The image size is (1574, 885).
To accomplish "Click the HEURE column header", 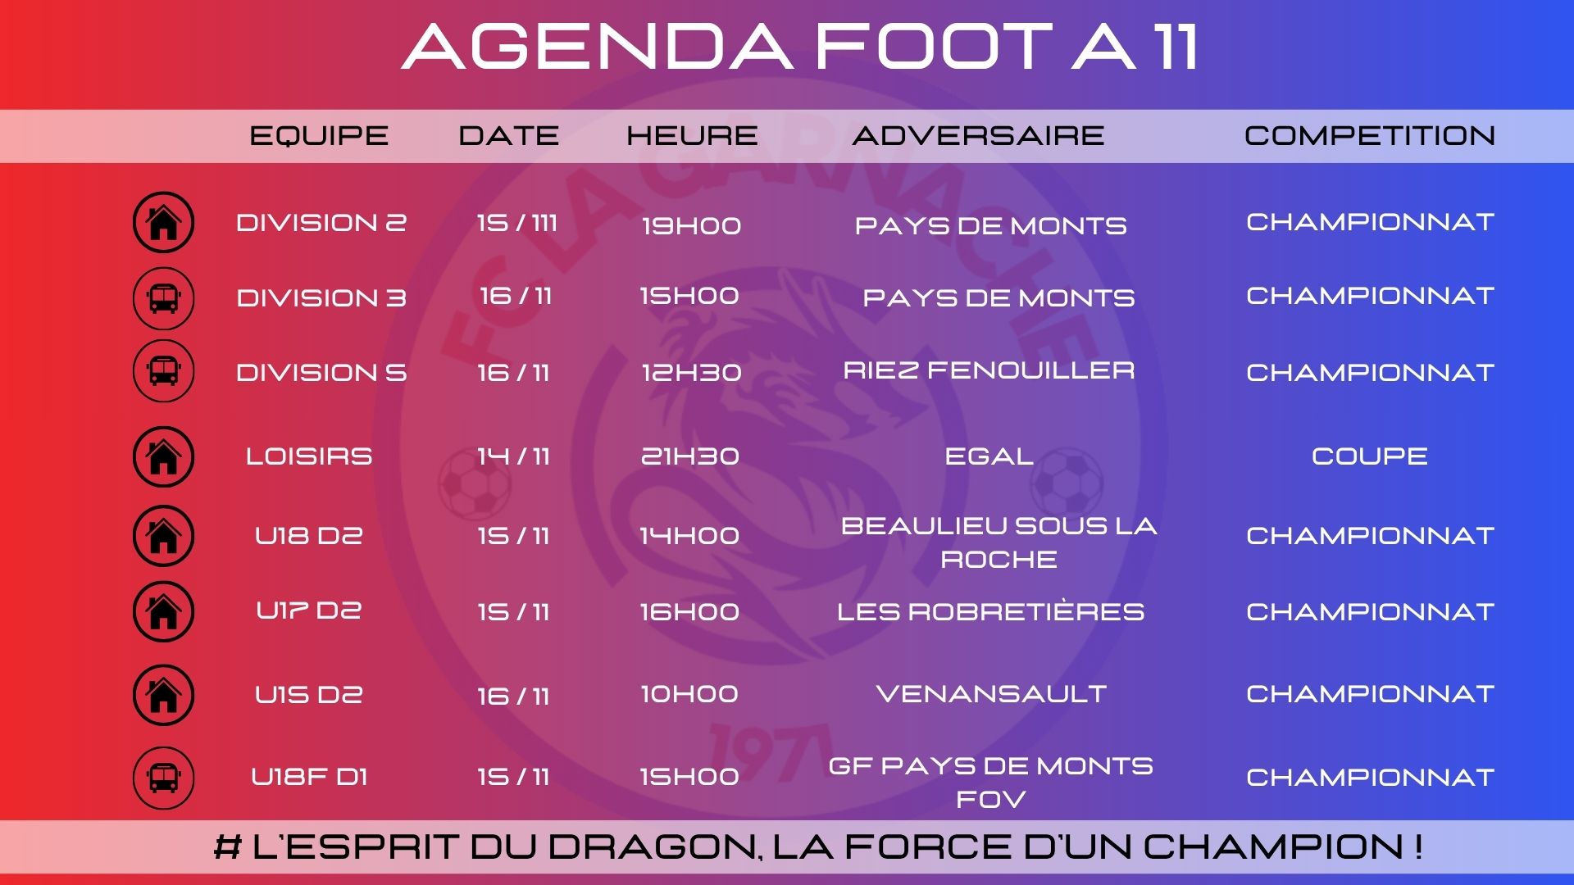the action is (x=692, y=135).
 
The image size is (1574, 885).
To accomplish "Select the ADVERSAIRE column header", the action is (x=978, y=135).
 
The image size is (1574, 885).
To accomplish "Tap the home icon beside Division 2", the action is (x=163, y=222).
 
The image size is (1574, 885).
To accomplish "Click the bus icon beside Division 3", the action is (x=163, y=298).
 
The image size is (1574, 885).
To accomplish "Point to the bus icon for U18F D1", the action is (x=163, y=778).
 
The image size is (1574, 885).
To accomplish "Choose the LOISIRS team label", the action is (x=309, y=456).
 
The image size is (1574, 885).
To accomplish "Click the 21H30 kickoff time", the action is (x=690, y=456).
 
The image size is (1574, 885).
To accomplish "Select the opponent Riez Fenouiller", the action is (x=989, y=370).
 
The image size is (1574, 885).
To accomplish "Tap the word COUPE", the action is (x=1370, y=456).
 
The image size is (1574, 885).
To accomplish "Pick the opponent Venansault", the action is (x=991, y=694).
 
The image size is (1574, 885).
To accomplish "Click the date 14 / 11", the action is (x=513, y=456).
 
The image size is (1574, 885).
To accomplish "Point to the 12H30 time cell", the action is (x=691, y=373).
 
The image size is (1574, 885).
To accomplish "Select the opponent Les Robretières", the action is (x=990, y=611).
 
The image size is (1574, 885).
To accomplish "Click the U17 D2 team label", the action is (x=309, y=610).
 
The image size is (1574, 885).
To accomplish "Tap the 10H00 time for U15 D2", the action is (x=689, y=694).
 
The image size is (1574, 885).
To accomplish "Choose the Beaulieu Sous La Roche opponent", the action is (x=999, y=542).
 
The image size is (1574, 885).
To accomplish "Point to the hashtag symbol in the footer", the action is (x=227, y=847).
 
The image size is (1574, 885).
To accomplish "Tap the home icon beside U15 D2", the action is (x=163, y=695).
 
